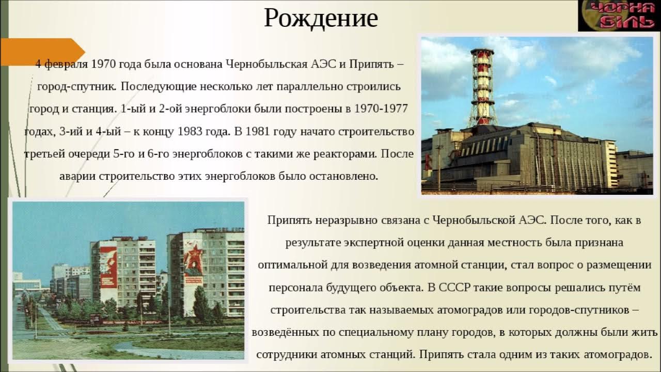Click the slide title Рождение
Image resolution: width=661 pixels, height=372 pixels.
click(x=321, y=19)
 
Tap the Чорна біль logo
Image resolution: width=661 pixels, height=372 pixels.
click(x=619, y=16)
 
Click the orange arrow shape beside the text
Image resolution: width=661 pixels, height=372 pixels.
click(x=41, y=52)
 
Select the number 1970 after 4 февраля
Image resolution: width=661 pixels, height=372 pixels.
click(x=104, y=65)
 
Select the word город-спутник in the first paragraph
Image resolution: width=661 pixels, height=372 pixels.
click(x=77, y=87)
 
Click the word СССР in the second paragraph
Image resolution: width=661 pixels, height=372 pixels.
click(x=454, y=288)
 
